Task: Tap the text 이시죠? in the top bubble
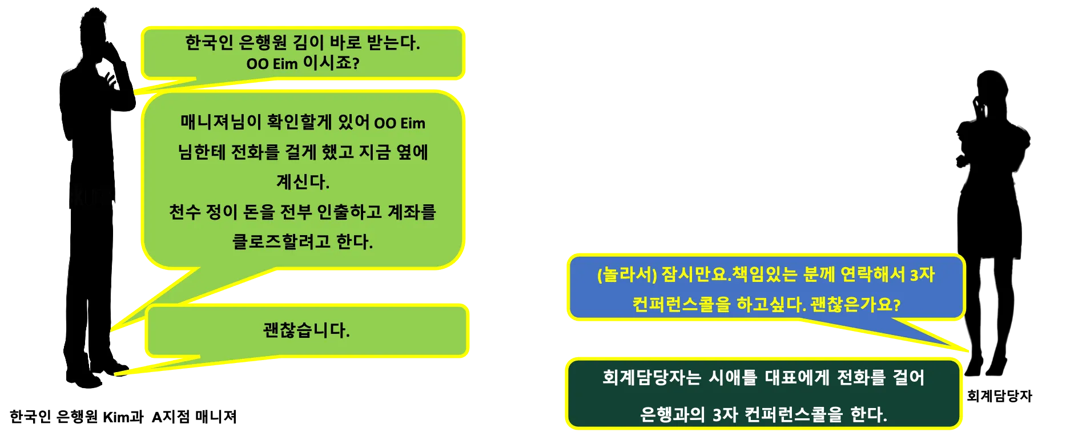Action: click(x=331, y=63)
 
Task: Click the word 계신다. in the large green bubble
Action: click(x=303, y=182)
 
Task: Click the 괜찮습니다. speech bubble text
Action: click(x=306, y=330)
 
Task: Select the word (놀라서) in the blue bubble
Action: click(x=626, y=275)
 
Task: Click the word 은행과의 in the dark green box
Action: click(x=673, y=414)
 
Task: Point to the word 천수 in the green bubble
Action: click(x=184, y=212)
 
